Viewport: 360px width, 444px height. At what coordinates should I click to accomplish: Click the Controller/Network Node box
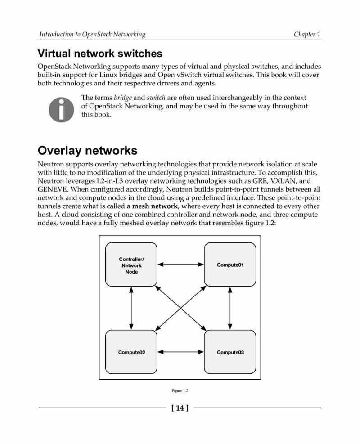[x=131, y=265]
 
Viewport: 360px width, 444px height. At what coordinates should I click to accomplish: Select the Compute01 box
[x=230, y=265]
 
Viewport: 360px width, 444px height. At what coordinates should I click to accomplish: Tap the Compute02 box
[x=131, y=352]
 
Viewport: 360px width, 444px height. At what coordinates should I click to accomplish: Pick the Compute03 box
[x=230, y=352]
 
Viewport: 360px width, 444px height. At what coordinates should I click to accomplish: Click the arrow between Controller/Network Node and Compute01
[x=181, y=265]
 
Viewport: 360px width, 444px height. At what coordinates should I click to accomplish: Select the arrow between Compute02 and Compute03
[x=181, y=352]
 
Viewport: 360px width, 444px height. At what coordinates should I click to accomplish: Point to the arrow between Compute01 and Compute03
[x=230, y=308]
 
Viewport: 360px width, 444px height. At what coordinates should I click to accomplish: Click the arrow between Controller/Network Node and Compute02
[x=131, y=308]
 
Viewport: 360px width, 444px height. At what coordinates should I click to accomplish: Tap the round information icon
[x=62, y=110]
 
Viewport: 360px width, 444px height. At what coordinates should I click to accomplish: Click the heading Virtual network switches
[x=100, y=54]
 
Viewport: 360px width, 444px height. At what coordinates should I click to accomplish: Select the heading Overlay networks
[x=87, y=150]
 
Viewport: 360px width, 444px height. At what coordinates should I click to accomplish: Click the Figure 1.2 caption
[x=180, y=391]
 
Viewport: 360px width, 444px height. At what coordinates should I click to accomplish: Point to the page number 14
[x=180, y=408]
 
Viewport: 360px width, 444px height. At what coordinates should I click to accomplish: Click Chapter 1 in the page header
[x=307, y=34]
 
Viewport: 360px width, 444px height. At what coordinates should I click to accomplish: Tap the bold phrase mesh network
[x=155, y=206]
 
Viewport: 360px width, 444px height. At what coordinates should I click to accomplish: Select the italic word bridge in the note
[x=123, y=98]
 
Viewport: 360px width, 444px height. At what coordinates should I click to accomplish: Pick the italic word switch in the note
[x=156, y=98]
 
